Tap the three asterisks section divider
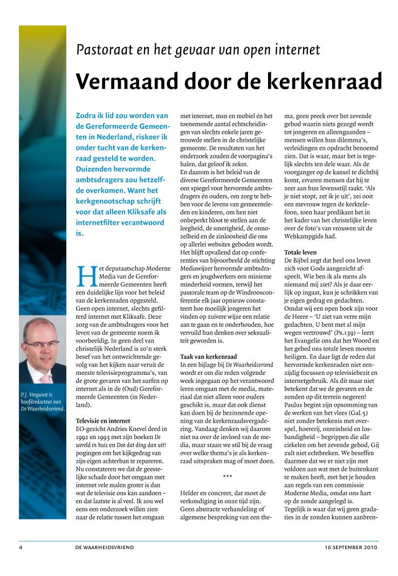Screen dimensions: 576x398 point(228,477)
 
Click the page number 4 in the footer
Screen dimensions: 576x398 point(20,547)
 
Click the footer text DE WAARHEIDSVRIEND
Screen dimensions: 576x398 point(105,547)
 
